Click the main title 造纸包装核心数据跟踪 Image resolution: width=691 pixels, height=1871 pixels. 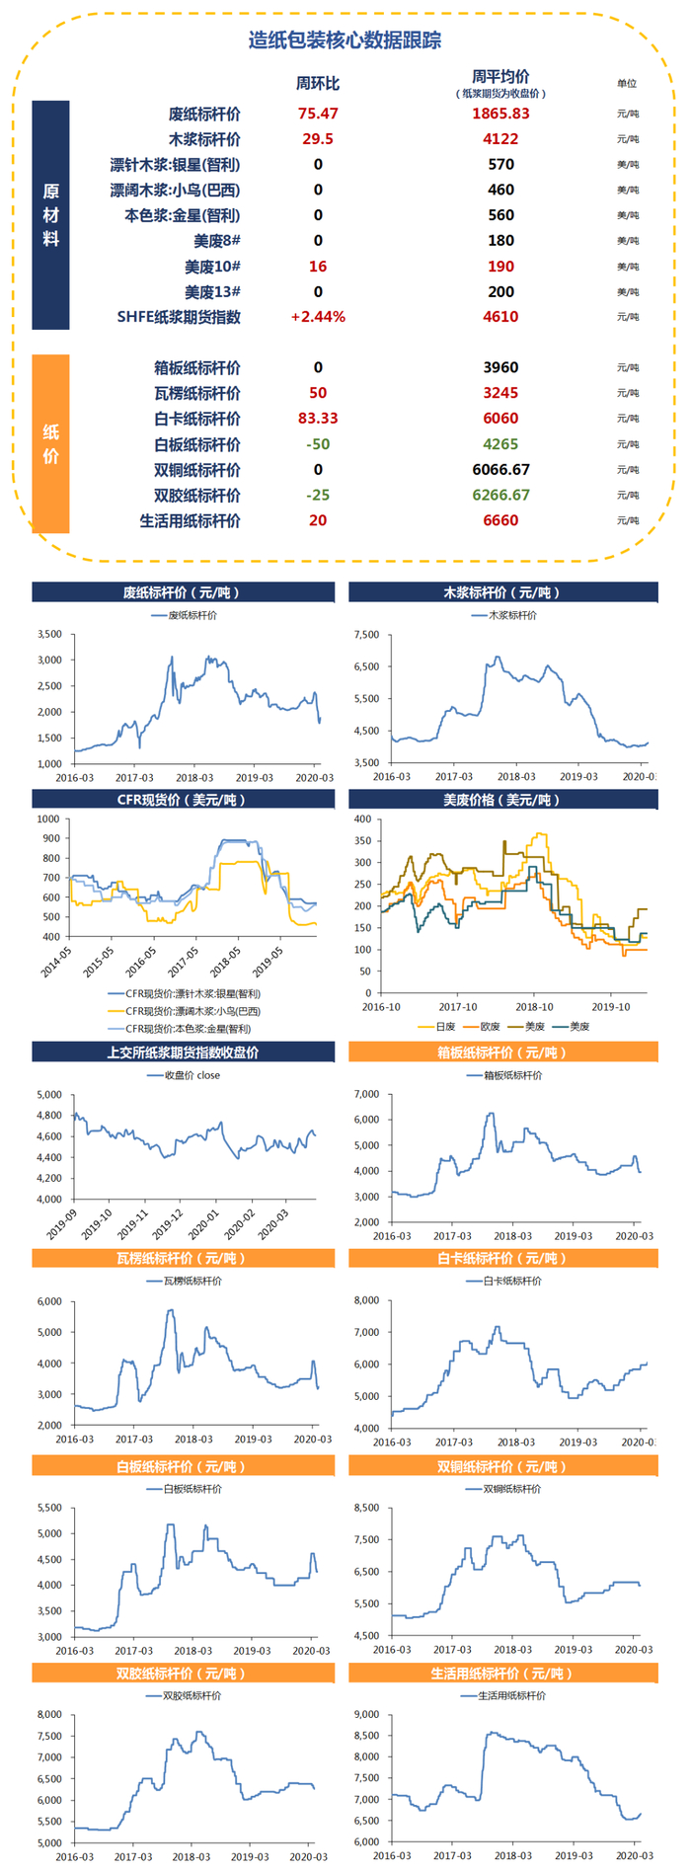tap(345, 40)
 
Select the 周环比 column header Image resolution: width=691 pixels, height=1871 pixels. tap(317, 84)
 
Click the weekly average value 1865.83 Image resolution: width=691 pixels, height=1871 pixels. tap(500, 114)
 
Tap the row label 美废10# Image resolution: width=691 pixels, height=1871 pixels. tap(212, 267)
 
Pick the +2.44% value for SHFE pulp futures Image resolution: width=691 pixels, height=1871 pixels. tap(318, 317)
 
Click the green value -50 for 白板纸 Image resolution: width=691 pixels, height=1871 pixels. tap(318, 444)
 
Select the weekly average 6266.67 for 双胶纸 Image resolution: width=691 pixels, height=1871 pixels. tap(500, 495)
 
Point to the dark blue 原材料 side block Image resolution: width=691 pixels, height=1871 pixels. tap(50, 214)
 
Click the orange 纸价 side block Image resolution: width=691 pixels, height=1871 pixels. tap(50, 443)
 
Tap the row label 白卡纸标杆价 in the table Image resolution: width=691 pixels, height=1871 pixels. tap(197, 419)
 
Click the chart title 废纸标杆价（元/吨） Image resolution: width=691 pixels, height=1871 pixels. tap(183, 592)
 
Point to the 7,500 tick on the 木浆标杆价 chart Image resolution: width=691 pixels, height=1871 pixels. tap(366, 635)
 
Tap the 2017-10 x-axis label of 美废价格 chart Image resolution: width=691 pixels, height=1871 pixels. tap(458, 1007)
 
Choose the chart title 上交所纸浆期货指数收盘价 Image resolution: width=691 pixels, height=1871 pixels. tap(183, 1052)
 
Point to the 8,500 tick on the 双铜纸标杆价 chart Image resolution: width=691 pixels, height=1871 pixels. tap(366, 1508)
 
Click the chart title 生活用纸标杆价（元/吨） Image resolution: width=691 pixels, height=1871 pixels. tap(502, 1674)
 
